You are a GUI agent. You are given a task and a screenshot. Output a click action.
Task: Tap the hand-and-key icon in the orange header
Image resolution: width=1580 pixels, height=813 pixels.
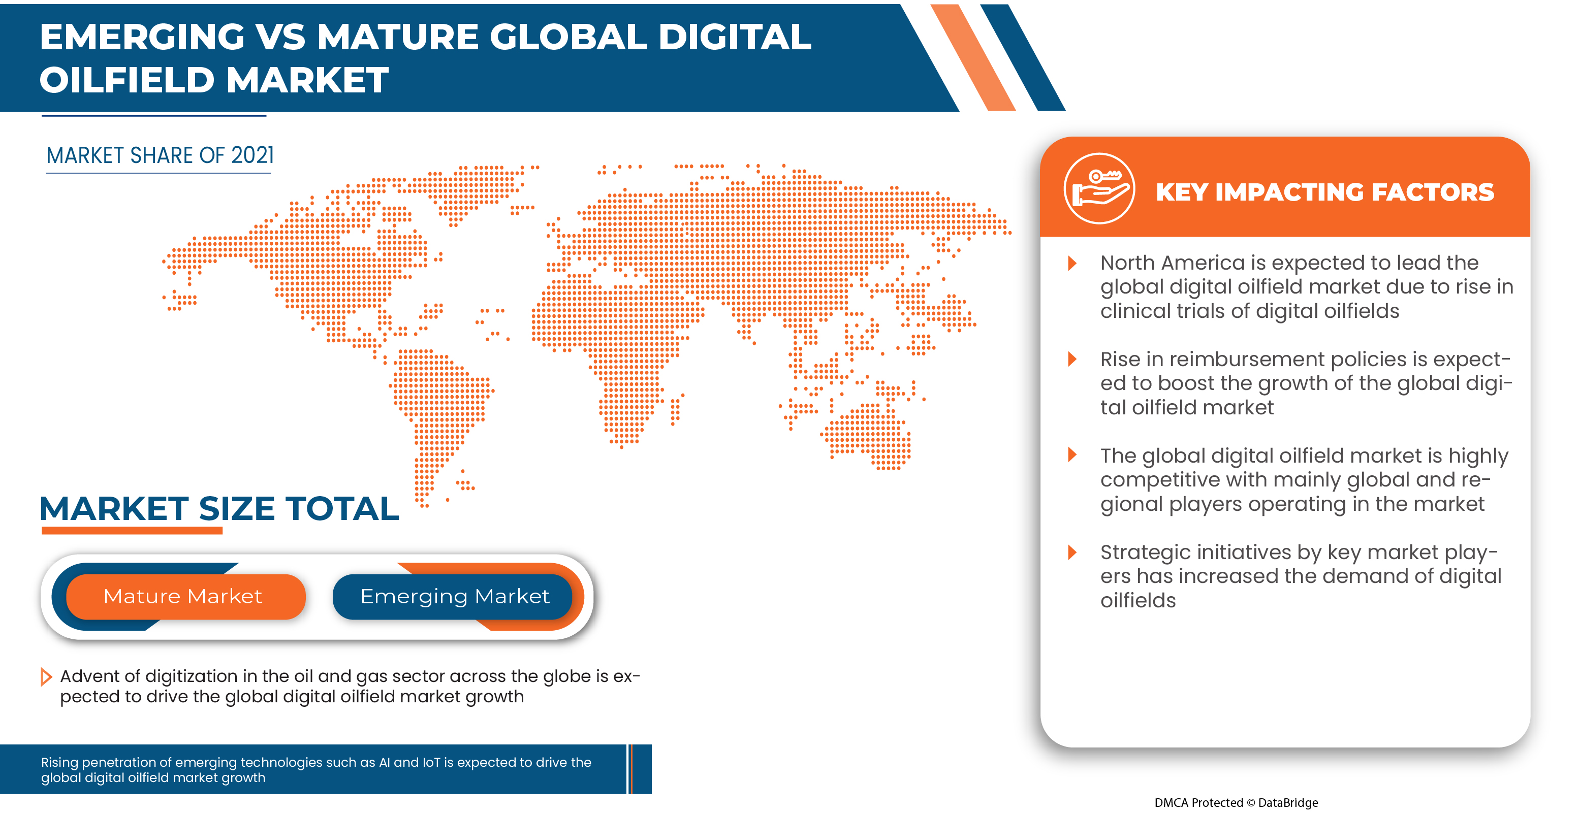click(1098, 188)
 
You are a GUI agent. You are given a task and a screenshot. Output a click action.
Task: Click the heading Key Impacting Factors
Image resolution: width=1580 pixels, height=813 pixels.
click(1324, 192)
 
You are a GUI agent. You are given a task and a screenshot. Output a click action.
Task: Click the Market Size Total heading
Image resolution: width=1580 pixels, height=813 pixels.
click(219, 508)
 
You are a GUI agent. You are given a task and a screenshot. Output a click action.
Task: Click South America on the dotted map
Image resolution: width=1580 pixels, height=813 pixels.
click(438, 405)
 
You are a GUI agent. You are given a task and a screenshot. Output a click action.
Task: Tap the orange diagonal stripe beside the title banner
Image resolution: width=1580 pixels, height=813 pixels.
click(973, 58)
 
